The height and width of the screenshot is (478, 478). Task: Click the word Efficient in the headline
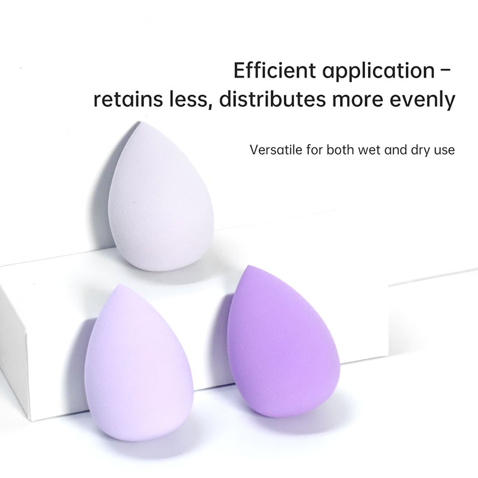tap(275, 71)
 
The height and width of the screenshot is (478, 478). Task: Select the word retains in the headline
tap(128, 99)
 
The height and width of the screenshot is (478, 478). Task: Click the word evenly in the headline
tap(423, 100)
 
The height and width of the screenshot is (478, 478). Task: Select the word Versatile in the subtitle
tap(277, 150)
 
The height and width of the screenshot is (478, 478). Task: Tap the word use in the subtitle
tap(445, 151)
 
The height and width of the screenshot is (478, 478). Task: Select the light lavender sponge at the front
tap(139, 363)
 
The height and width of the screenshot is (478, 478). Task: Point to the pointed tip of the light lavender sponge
tap(121, 285)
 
